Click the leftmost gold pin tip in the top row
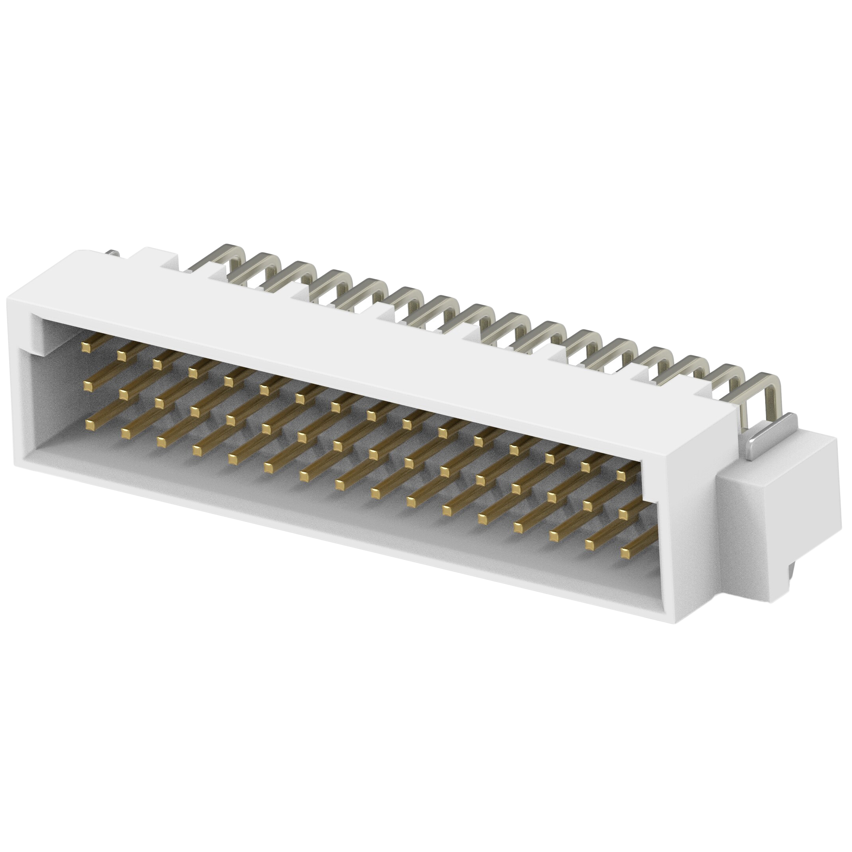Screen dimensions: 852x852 pos(86,348)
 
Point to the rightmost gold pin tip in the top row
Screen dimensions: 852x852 pos(621,475)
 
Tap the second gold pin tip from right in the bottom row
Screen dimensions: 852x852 pos(590,544)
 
